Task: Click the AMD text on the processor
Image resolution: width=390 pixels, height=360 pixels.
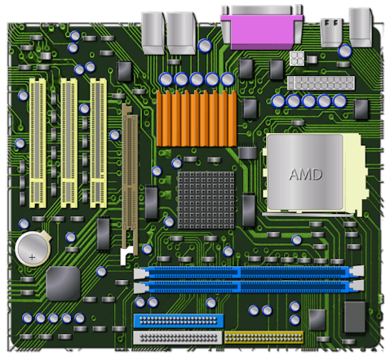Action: pos(305,174)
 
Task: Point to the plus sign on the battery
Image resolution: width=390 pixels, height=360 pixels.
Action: pos(33,256)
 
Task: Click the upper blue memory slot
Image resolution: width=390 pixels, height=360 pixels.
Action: pos(248,274)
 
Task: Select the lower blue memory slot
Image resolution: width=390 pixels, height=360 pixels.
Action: pos(248,287)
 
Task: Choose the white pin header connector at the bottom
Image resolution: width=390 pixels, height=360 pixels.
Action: pos(177,336)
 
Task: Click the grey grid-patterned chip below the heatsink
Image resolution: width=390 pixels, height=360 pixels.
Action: pos(205,195)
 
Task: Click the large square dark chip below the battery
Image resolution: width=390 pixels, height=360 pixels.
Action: pos(62,283)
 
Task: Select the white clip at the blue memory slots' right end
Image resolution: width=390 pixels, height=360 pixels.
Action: pos(359,280)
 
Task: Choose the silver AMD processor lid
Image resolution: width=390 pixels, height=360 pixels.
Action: pos(304,170)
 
